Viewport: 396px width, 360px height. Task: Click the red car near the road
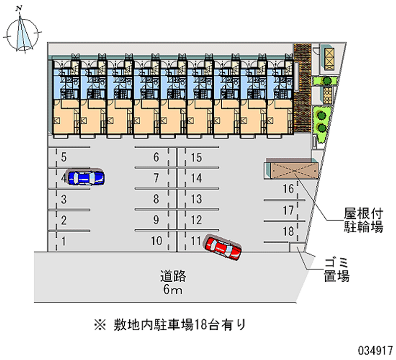click(223, 247)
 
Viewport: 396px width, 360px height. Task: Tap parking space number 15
click(197, 158)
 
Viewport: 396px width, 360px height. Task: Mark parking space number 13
click(197, 200)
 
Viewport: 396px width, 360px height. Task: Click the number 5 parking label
click(64, 158)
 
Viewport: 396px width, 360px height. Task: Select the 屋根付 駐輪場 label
click(364, 220)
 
